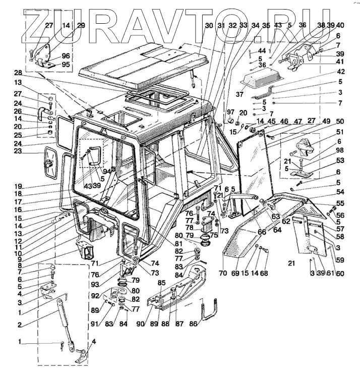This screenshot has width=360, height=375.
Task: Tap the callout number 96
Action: click(x=66, y=56)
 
